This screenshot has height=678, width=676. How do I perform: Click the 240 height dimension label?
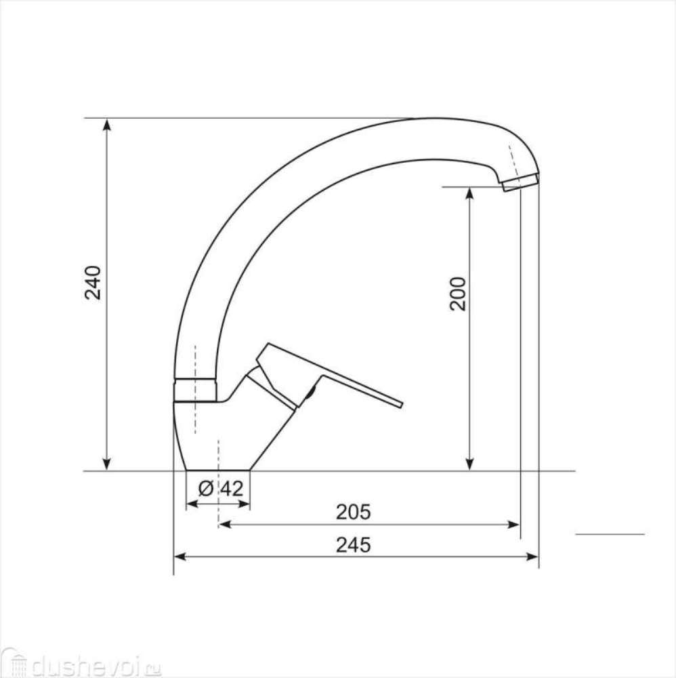click(93, 283)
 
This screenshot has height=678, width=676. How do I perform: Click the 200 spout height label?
click(458, 294)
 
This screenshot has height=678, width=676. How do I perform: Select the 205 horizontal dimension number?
click(354, 512)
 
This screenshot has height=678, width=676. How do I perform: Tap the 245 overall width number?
click(354, 545)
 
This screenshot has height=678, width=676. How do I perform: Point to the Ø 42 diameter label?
click(221, 489)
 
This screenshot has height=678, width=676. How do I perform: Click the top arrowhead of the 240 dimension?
click(107, 124)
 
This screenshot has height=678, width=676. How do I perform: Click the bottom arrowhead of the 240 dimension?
click(107, 464)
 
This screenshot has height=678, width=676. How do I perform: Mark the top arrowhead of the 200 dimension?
click(470, 193)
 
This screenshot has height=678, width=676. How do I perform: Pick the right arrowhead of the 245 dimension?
click(532, 557)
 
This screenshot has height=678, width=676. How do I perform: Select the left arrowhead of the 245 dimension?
click(179, 557)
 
